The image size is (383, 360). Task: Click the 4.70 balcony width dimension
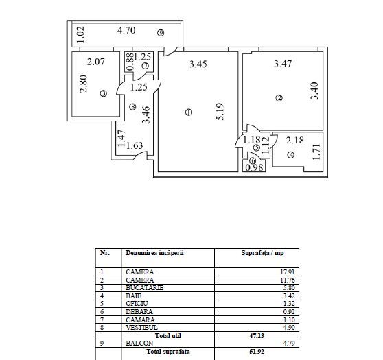click(x=126, y=30)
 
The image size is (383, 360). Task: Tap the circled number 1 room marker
click(x=189, y=112)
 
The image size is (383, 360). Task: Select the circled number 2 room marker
click(x=279, y=99)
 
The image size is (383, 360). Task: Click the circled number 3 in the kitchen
click(x=103, y=94)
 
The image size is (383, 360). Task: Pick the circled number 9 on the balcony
click(x=160, y=32)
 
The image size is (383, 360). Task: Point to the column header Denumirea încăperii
click(x=154, y=253)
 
